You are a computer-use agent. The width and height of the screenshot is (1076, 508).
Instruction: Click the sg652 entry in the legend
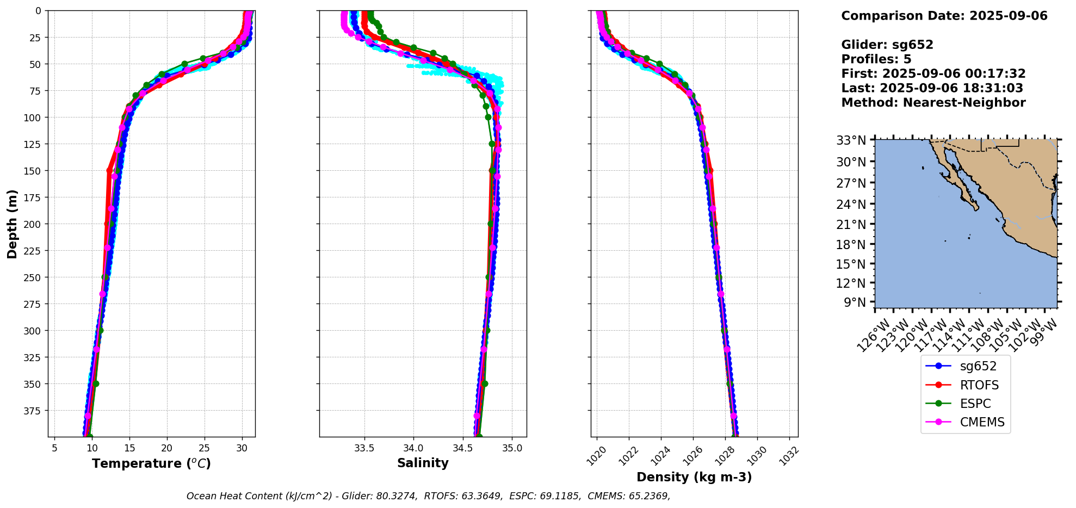point(978,367)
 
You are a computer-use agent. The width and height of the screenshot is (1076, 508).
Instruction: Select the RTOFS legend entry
point(979,385)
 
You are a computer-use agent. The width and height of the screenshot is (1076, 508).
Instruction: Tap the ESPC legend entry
point(975,404)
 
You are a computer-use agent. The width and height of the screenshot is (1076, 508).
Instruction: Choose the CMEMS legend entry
point(982,422)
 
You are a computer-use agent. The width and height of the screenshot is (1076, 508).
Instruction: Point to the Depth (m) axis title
point(13,224)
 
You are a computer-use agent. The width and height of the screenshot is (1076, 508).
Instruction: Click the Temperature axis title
point(151,463)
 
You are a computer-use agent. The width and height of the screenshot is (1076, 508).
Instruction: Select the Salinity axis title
point(423,463)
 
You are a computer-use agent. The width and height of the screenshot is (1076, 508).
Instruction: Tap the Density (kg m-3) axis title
point(694,477)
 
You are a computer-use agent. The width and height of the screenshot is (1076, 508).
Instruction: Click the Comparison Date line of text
point(944,16)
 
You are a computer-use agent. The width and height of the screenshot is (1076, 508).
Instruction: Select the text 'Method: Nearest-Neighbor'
point(933,103)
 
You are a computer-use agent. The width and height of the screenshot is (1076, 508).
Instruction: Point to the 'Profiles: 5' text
point(876,59)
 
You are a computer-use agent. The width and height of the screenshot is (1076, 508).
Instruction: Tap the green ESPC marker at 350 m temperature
point(96,383)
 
